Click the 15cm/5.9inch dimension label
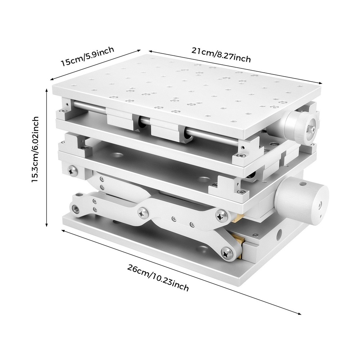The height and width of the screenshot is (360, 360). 87,56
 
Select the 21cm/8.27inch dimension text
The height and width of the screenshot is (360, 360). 221,54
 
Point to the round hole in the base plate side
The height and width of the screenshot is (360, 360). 279,238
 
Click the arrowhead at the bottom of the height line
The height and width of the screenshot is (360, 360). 47,225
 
